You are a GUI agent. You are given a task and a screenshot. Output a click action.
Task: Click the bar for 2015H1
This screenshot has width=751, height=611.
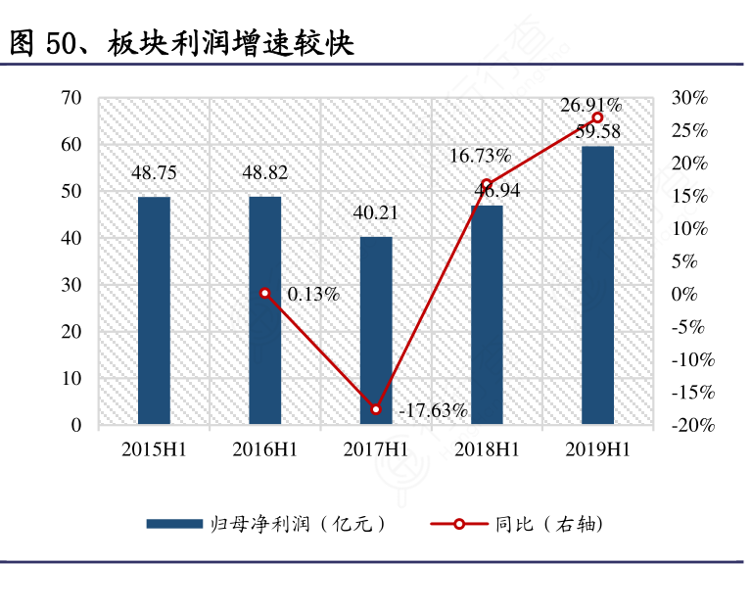(x=154, y=310)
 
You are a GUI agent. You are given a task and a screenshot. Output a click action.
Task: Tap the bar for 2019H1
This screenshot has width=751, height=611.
(x=597, y=285)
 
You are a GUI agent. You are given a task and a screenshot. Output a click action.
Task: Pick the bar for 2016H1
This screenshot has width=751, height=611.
(x=264, y=310)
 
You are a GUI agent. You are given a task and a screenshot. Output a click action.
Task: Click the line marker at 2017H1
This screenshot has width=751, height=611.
(x=376, y=408)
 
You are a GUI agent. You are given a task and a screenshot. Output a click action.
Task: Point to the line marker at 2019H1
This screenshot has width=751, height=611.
(x=597, y=117)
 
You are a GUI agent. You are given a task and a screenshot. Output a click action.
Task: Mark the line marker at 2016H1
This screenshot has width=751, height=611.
(x=264, y=293)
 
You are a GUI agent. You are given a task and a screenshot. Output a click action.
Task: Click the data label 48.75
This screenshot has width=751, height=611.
(x=154, y=173)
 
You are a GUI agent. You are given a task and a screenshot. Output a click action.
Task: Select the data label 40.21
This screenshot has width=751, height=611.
(x=376, y=213)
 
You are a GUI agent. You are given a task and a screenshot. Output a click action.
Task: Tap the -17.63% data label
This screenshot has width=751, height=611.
(x=433, y=411)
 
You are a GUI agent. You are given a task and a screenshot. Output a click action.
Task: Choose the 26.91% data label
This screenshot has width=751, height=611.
(x=590, y=105)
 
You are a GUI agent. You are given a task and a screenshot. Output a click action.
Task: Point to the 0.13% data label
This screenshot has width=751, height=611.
(x=313, y=294)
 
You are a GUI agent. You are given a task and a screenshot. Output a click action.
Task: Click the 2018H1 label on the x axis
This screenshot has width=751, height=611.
(x=487, y=449)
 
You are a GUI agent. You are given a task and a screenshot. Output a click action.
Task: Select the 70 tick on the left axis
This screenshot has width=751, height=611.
(x=70, y=98)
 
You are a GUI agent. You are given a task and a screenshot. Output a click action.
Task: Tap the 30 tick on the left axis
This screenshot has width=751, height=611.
(x=70, y=285)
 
